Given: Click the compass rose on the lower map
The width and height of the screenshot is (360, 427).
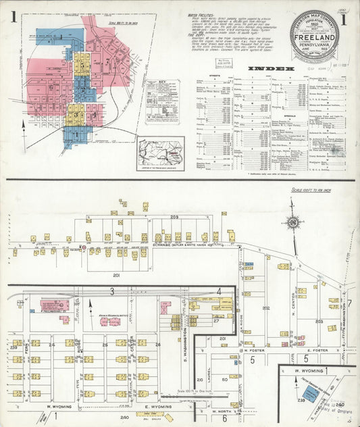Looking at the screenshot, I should click(x=293, y=223).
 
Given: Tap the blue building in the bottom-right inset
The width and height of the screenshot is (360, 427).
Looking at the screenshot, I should click(x=309, y=393).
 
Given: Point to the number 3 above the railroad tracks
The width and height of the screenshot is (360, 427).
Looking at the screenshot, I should click(x=112, y=291).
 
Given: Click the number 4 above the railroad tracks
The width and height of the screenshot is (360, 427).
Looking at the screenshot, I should click(x=218, y=291).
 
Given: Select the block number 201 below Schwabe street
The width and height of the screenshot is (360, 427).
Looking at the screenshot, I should click(x=116, y=275).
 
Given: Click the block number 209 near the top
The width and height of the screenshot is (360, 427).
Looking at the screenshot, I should click(x=174, y=216).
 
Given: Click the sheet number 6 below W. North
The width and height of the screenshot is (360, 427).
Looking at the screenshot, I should click(x=224, y=418).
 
